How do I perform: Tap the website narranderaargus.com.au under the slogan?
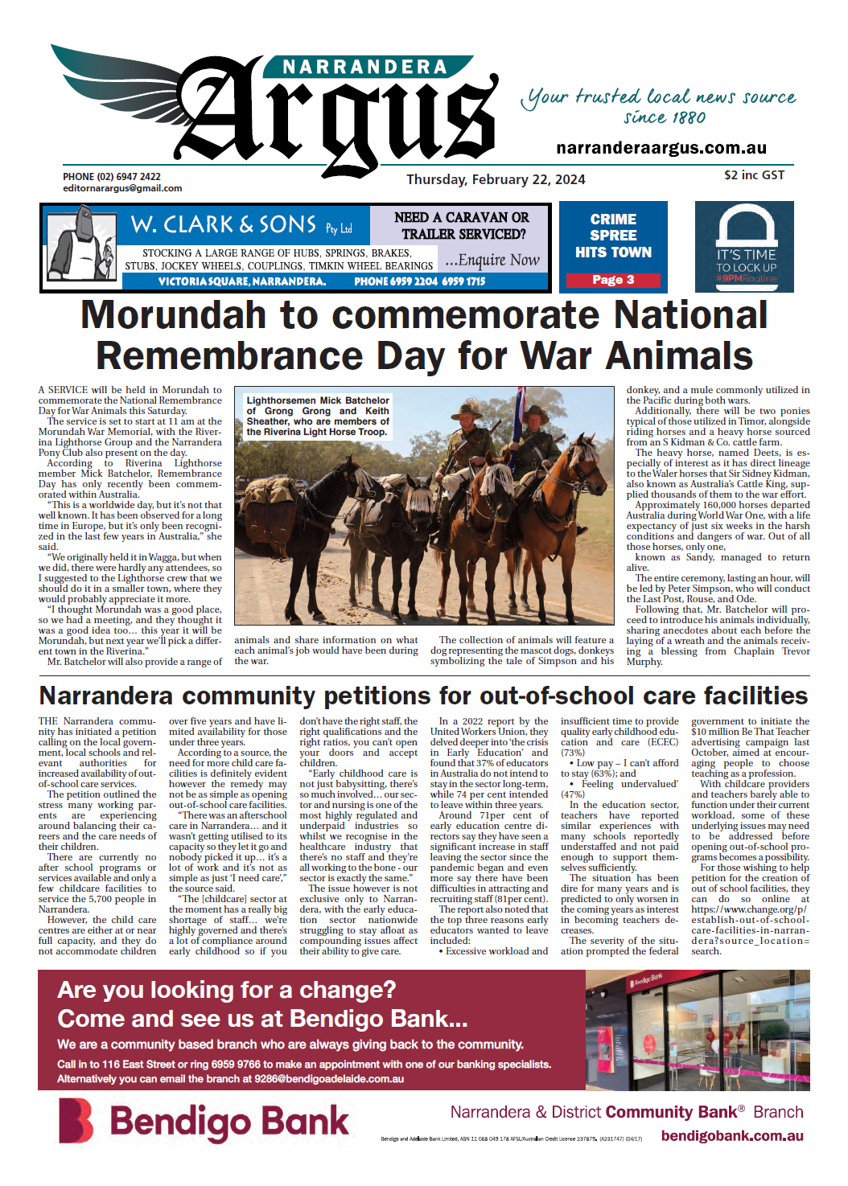pyautogui.click(x=661, y=148)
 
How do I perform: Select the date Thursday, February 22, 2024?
pyautogui.click(x=496, y=179)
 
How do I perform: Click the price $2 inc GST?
pyautogui.click(x=753, y=174)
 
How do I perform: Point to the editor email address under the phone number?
pyautogui.click(x=122, y=188)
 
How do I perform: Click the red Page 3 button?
pyautogui.click(x=613, y=280)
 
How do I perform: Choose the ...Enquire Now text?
pyautogui.click(x=492, y=260)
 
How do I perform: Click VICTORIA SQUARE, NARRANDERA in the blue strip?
pyautogui.click(x=241, y=281)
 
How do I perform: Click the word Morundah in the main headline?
pyautogui.click(x=175, y=315)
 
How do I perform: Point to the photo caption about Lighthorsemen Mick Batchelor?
pyautogui.click(x=318, y=416)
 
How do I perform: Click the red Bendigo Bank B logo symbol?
pyautogui.click(x=76, y=1120)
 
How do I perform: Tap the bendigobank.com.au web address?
pyautogui.click(x=731, y=1135)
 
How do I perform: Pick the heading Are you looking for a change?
pyautogui.click(x=227, y=989)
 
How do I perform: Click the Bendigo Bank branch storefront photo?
pyautogui.click(x=697, y=1030)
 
